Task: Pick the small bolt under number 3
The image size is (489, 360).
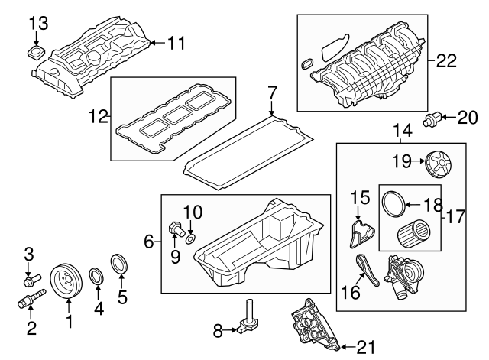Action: (x=32, y=285)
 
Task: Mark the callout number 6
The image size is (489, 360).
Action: (x=150, y=242)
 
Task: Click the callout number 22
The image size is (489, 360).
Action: (x=446, y=60)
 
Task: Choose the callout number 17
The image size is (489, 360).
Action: (x=456, y=216)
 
